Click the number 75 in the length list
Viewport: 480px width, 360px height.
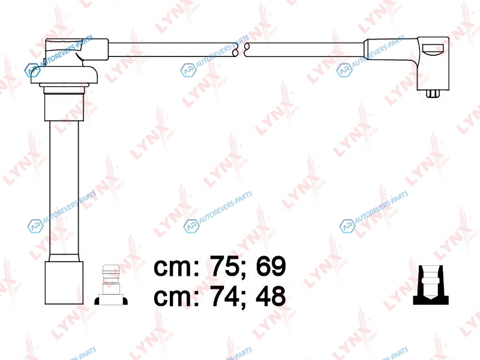223,266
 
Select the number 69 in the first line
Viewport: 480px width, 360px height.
271,266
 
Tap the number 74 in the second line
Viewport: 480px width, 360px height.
223,296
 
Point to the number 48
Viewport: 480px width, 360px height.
271,296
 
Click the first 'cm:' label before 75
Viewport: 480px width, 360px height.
176,268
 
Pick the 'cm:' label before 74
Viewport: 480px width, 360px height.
176,298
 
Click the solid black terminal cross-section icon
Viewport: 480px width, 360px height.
431,285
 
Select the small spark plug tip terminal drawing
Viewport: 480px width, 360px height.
111,285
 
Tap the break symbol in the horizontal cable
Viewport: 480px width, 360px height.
241,50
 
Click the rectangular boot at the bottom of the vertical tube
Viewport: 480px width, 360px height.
64,283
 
